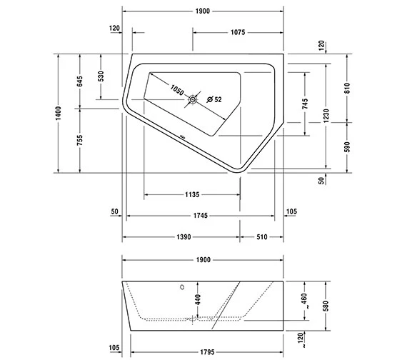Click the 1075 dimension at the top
pyautogui.click(x=238, y=32)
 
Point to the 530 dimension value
pyautogui.click(x=101, y=76)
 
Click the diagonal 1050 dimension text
pyautogui.click(x=177, y=91)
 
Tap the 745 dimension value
pyautogui.click(x=306, y=105)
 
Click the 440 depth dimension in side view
pyautogui.click(x=198, y=298)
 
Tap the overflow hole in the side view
pyautogui.click(x=182, y=289)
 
